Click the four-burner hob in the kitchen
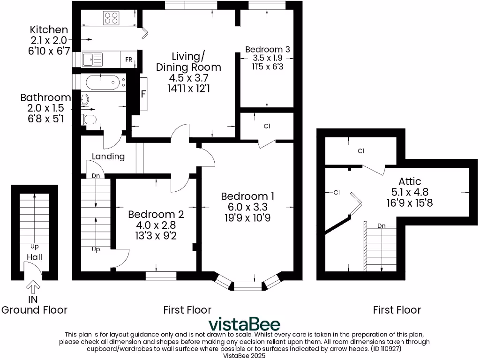pos(111,18)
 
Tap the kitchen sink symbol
pos(92,60)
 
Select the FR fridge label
pos(128,60)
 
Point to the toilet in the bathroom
pos(90,119)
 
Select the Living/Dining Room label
pos(188,62)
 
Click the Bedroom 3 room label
pos(267,49)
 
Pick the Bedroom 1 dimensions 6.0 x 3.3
pos(247,207)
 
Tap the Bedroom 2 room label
pos(156,214)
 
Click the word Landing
pos(108,157)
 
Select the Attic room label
pos(410,181)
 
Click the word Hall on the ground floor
pos(34,257)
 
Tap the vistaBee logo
pos(244,324)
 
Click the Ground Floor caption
pos(34,310)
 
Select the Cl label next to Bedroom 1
pos(267,126)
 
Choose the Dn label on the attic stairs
pos(382,225)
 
